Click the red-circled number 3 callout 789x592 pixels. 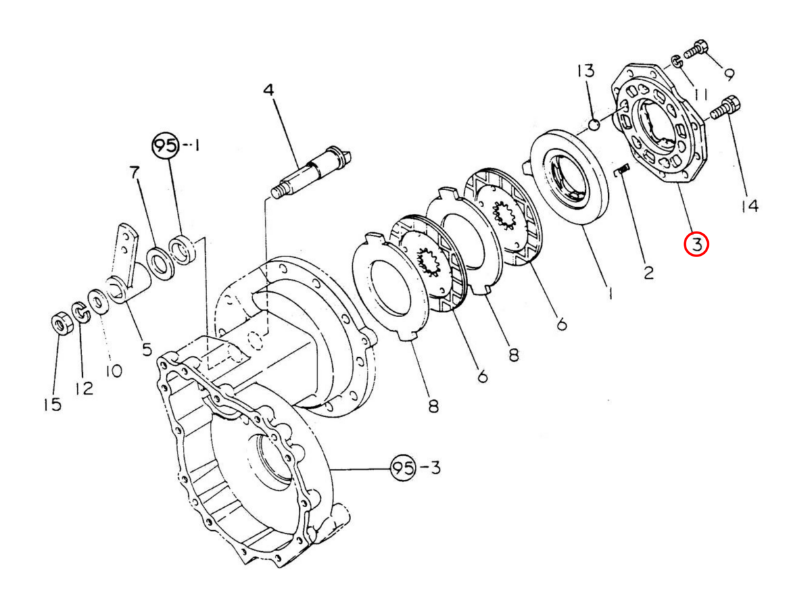click(696, 245)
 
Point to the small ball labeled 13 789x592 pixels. click(594, 124)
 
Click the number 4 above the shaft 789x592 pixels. click(268, 91)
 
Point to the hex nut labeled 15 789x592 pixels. click(60, 324)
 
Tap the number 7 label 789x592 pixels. click(135, 174)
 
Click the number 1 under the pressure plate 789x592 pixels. click(610, 293)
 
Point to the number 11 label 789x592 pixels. click(699, 95)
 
